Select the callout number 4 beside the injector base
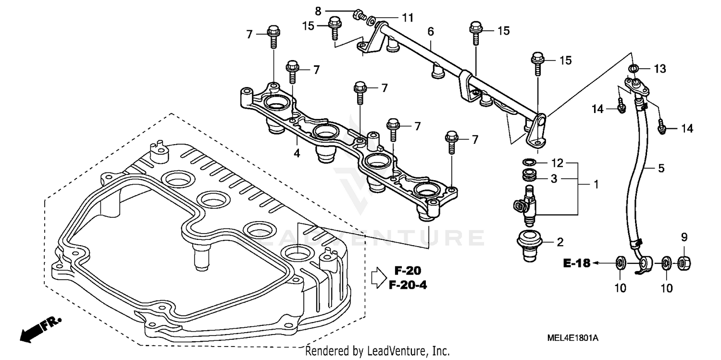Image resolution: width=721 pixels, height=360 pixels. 297,154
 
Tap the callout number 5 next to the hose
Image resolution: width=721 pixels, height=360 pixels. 661,168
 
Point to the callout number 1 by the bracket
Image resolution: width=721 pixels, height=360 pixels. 596,184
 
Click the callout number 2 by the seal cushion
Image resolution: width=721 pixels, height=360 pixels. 559,242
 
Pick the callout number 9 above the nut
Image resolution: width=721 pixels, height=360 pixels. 684,237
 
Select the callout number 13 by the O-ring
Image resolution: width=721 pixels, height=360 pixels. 659,69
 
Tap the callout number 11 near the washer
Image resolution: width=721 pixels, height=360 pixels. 408,18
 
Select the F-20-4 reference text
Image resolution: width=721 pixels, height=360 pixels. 408,286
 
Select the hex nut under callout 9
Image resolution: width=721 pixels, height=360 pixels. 684,262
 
